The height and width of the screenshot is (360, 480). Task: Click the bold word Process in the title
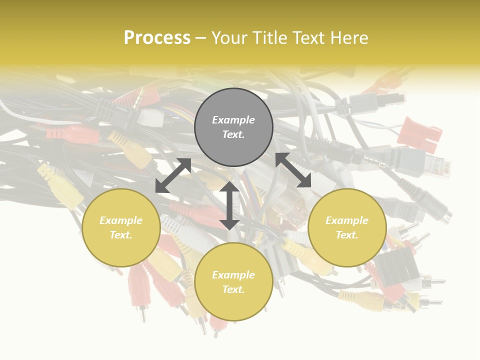point(157,38)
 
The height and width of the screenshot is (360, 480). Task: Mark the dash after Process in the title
point(201,38)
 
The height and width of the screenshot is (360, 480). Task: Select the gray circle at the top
point(233,127)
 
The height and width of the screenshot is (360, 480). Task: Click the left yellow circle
point(121,227)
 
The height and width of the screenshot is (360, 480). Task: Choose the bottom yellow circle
point(233,282)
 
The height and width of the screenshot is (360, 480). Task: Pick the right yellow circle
point(347,227)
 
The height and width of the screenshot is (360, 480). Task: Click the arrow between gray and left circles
point(173,175)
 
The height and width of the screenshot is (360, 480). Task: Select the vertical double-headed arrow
point(229,205)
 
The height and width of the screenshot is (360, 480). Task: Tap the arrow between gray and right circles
point(293,170)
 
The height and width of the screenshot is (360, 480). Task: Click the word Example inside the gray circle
point(233,120)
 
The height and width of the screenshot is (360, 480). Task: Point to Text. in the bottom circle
point(233,289)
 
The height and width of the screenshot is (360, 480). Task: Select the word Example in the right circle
point(347,220)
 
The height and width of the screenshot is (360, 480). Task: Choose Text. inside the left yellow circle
point(121,235)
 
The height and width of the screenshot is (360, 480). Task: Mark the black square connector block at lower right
point(397,270)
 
